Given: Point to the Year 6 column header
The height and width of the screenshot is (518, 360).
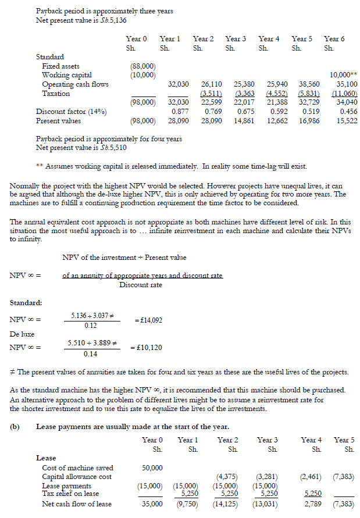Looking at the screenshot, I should click(x=334, y=39).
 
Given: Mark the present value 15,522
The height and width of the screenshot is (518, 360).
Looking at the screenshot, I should click(x=346, y=121).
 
